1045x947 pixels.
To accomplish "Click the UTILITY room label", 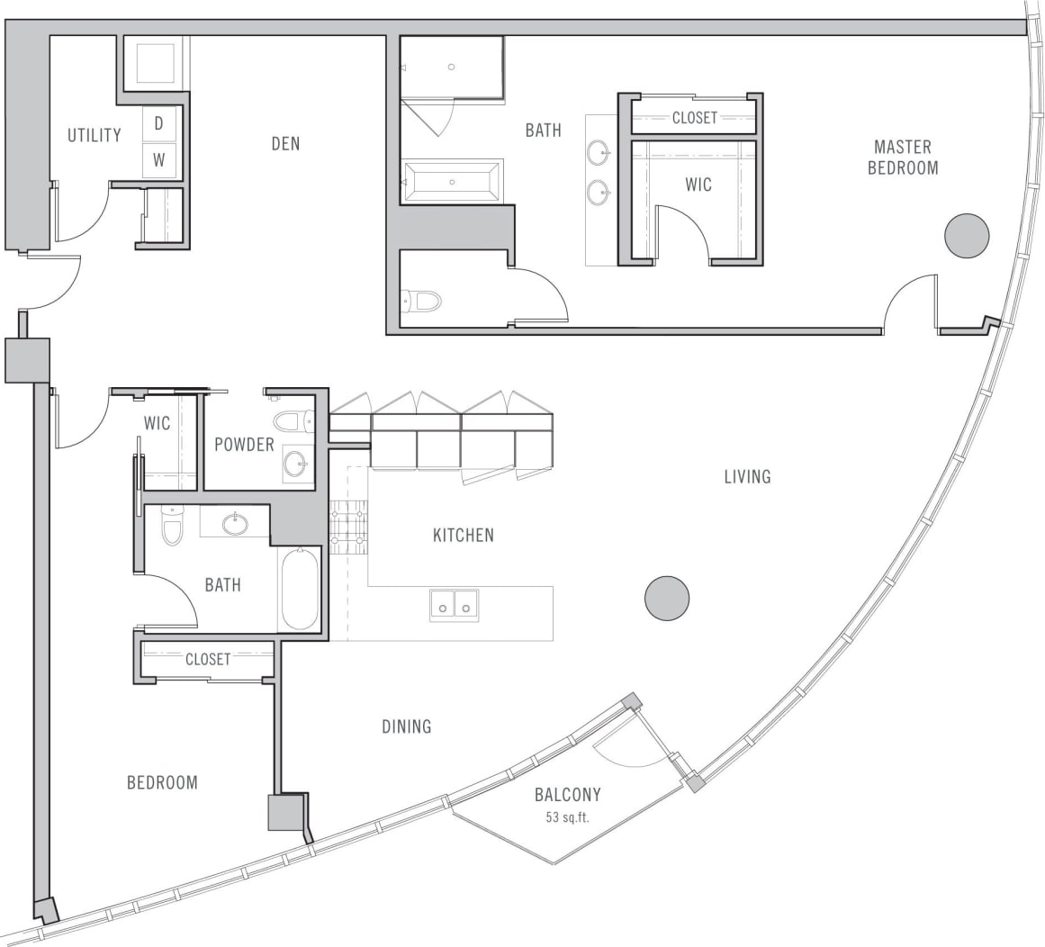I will (94, 135).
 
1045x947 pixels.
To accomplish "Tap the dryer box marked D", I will (159, 123).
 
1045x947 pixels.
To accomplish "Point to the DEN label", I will (285, 143).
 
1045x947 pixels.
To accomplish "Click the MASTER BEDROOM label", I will (903, 157).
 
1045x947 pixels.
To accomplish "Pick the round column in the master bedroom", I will (967, 236).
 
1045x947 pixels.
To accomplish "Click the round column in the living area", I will (667, 598).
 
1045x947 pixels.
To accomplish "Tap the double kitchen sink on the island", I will (454, 605).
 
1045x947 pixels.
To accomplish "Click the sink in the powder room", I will (294, 464).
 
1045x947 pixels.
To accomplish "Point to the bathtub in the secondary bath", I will (300, 591).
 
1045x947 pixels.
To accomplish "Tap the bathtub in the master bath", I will (452, 182).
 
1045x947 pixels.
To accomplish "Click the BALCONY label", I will (567, 795).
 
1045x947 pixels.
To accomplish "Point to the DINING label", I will (406, 726).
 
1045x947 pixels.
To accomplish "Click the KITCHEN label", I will (463, 536).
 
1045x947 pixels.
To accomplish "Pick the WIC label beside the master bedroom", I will (698, 185).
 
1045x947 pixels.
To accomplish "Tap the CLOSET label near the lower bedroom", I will (208, 659).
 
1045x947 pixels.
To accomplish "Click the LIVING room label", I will (747, 476).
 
